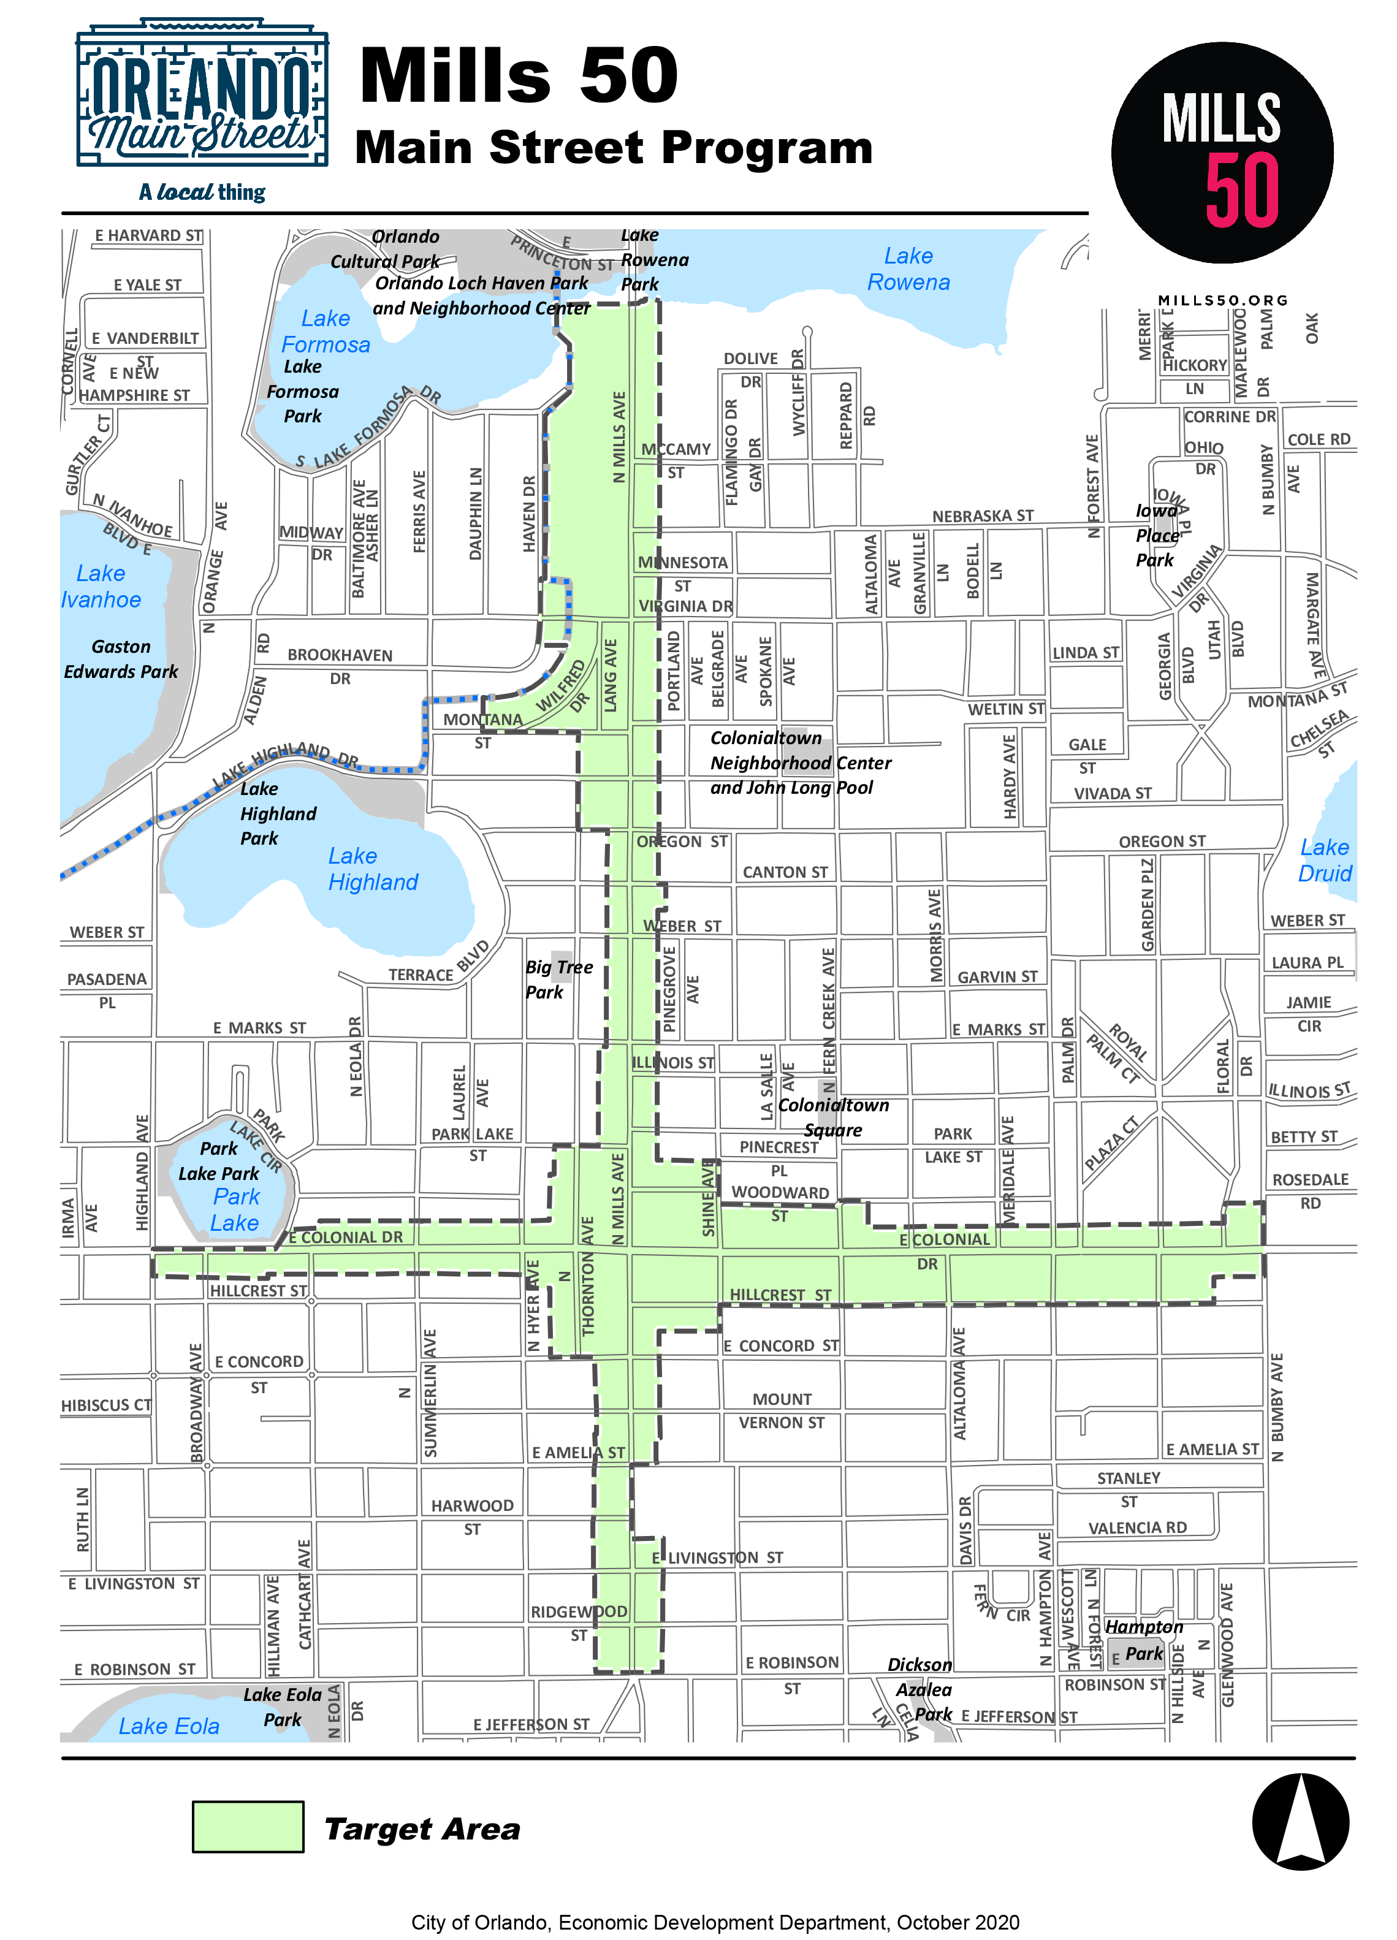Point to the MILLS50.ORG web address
[x=1222, y=300]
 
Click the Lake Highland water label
[x=372, y=869]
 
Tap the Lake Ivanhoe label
[x=101, y=586]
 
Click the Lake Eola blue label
[x=169, y=1725]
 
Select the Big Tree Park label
[x=558, y=980]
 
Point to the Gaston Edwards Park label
[x=121, y=659]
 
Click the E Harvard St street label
[x=149, y=235]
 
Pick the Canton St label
[x=785, y=872]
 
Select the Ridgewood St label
[x=579, y=1622]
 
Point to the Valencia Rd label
[x=1137, y=1527]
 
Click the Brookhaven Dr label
[x=340, y=666]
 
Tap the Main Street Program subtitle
[x=614, y=147]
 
